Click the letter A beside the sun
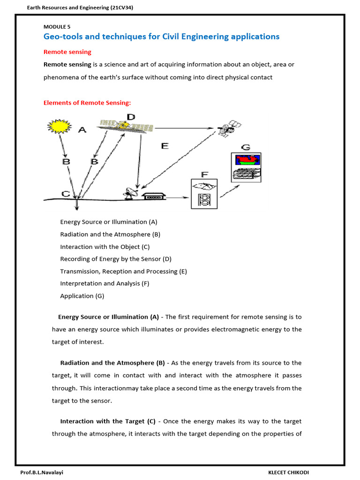pyautogui.click(x=82, y=130)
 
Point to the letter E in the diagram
pyautogui.click(x=165, y=146)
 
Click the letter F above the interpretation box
pyautogui.click(x=204, y=174)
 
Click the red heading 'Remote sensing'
pyautogui.click(x=67, y=52)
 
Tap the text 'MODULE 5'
pyautogui.click(x=57, y=27)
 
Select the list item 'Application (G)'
pyautogui.click(x=82, y=296)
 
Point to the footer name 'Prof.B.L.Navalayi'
pyautogui.click(x=42, y=472)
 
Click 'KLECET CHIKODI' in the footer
pyautogui.click(x=289, y=472)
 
